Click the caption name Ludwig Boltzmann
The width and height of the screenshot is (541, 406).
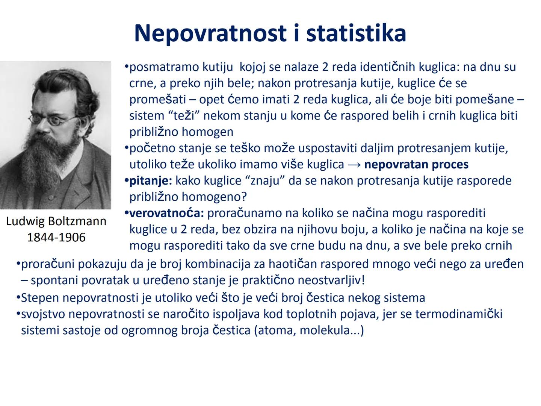pos(56,221)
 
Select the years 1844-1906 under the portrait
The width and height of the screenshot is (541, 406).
pos(56,237)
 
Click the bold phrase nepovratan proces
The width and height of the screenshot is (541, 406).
pos(416,165)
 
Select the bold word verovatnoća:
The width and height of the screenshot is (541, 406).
pos(166,213)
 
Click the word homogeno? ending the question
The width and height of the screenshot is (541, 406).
pos(215,197)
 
